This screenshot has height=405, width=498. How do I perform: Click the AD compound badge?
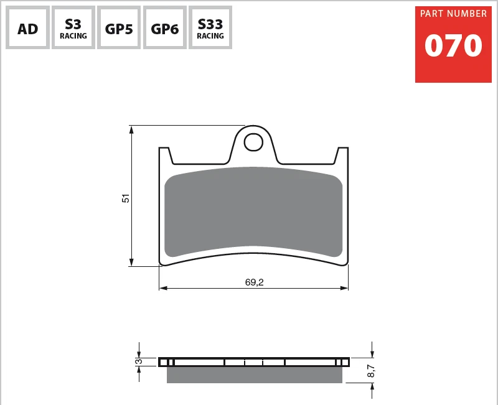(27, 28)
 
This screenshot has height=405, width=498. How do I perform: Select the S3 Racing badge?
(73, 28)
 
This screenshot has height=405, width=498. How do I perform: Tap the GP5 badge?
(119, 28)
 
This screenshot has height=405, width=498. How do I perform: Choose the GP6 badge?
(165, 28)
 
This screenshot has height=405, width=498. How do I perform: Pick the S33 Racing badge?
(210, 28)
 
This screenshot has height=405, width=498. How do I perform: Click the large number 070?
(453, 46)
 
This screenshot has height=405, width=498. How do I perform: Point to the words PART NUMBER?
(453, 14)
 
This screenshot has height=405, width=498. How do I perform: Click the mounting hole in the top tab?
(253, 142)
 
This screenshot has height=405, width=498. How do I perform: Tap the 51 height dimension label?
(126, 198)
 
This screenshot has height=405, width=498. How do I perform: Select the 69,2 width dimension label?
(254, 282)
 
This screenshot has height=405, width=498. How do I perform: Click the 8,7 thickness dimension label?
(371, 372)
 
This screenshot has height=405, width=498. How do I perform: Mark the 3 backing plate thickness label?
(139, 361)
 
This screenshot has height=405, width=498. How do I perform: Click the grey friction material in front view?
(253, 212)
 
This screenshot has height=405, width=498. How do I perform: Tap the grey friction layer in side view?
(254, 375)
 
